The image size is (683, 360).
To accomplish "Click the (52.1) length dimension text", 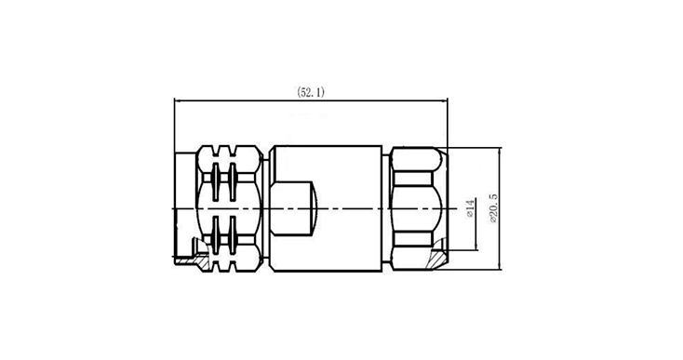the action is coord(311,92).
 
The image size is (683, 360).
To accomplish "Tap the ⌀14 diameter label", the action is coord(470,209).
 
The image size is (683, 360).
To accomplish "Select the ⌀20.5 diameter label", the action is coord(493,209).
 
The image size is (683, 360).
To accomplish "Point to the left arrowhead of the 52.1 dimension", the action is coord(178,101).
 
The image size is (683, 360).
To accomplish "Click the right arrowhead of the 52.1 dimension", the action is coord(444,101).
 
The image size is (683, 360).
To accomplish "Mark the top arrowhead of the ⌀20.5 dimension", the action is coord(500,151).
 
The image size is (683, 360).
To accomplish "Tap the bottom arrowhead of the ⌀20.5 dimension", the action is coord(500,265).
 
